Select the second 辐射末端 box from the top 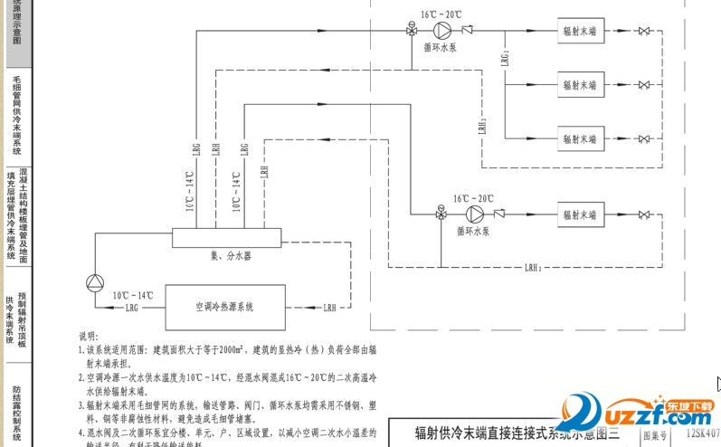(580, 85)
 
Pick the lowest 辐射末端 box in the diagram (580, 215)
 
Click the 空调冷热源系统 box (224, 307)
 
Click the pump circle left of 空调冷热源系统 (95, 284)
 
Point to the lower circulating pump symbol (474, 214)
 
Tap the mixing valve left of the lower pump (441, 214)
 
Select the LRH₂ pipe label (533, 269)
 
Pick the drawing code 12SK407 (701, 434)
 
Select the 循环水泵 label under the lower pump (473, 232)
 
